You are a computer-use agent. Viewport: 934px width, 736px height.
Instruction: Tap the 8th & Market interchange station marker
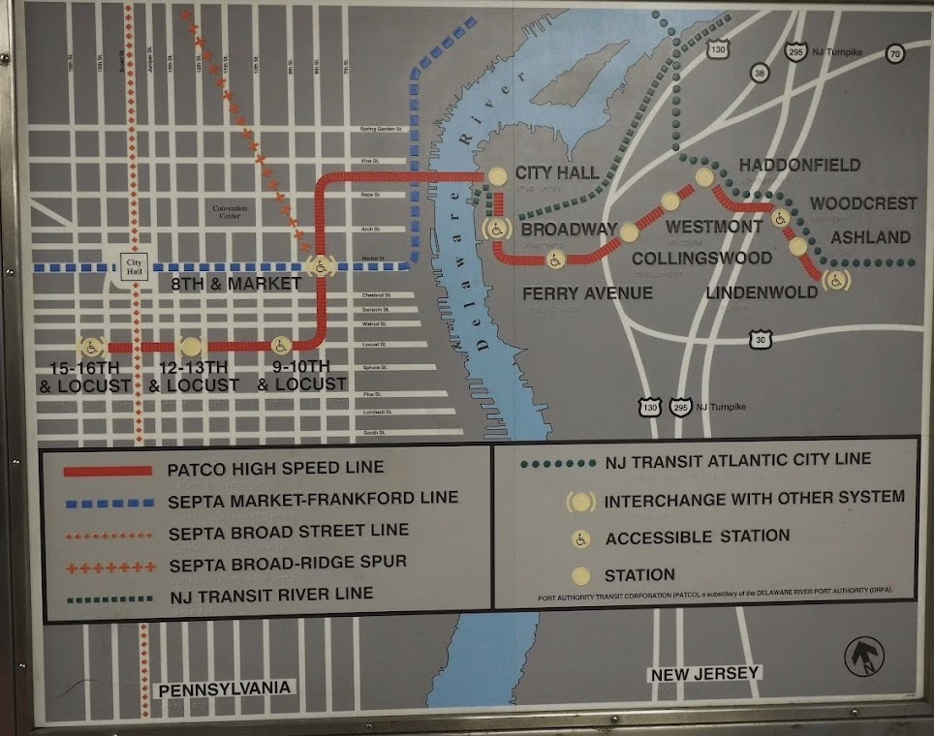(x=319, y=265)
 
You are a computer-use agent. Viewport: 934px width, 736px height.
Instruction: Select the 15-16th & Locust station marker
(x=90, y=347)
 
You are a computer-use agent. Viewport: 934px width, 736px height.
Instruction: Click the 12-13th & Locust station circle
(x=191, y=346)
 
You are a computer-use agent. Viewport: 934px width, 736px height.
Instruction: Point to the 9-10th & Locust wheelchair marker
(x=280, y=346)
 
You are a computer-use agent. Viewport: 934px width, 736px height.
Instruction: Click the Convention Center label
(x=230, y=212)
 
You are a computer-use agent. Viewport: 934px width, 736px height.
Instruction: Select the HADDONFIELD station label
(x=799, y=166)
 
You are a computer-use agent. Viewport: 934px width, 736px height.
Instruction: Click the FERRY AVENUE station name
(x=587, y=292)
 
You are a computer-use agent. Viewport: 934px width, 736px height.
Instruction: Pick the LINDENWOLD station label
(x=762, y=291)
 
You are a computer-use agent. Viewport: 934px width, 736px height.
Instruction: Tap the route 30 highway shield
(x=761, y=338)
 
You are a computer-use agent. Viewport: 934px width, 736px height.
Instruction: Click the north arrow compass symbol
(x=862, y=656)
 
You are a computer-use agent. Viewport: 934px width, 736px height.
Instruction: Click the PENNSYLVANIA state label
(x=224, y=688)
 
